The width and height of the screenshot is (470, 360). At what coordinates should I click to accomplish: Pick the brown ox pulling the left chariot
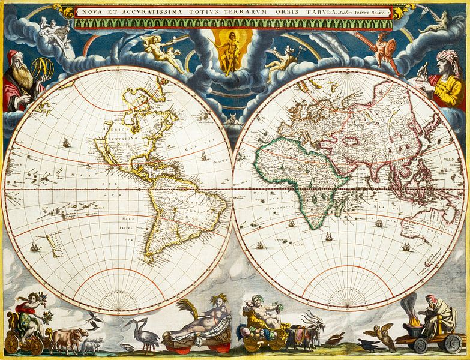click(62, 338)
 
